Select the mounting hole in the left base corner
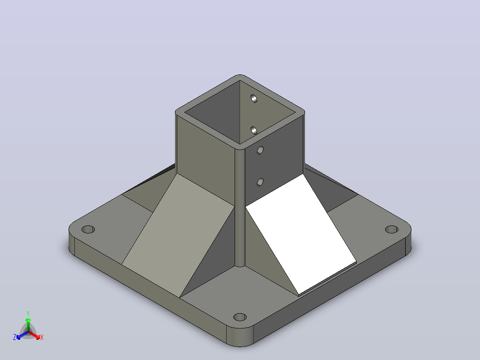click(88, 229)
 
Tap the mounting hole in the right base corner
click(391, 229)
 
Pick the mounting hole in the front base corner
click(240, 317)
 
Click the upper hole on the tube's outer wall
click(260, 150)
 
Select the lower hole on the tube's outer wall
click(260, 182)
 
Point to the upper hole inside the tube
click(254, 98)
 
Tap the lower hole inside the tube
click(254, 130)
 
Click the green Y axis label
click(28, 314)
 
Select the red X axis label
click(42, 337)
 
